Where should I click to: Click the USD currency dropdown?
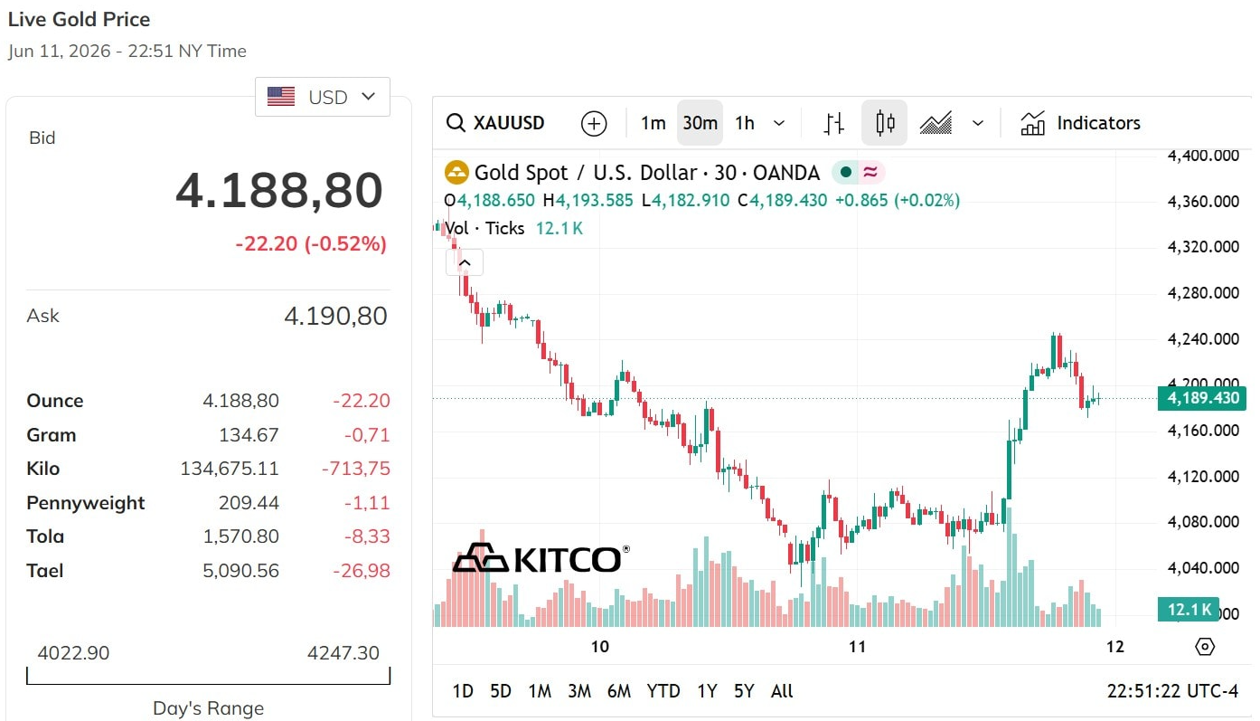[323, 97]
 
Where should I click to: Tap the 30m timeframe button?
[700, 123]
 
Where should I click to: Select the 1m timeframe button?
[654, 123]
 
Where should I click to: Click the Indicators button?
[1080, 123]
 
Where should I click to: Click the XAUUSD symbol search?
[495, 123]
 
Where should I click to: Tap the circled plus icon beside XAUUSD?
[594, 123]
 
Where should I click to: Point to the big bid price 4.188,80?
[279, 190]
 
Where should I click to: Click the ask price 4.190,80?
[336, 316]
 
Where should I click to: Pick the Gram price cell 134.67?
[249, 434]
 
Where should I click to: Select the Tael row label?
[45, 571]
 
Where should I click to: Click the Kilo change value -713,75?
[355, 469]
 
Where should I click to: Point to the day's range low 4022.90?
[73, 653]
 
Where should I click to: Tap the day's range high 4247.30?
[343, 653]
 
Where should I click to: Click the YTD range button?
[663, 690]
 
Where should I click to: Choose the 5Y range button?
[744, 690]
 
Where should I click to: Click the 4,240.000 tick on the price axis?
[1203, 339]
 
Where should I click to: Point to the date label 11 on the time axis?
[857, 647]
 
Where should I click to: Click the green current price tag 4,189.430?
[1202, 398]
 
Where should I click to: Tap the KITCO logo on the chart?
[541, 558]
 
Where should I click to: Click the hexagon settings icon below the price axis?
[1204, 647]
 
